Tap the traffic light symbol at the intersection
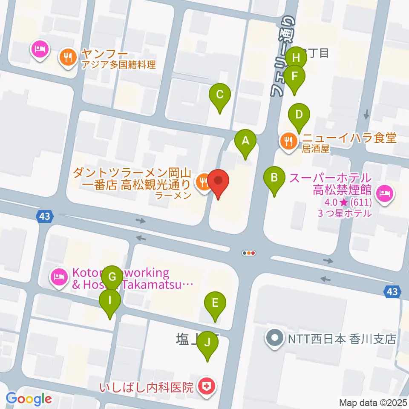(x=249, y=253)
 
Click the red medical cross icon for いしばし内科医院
(x=207, y=387)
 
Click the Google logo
(x=29, y=399)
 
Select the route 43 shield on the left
(x=45, y=216)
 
